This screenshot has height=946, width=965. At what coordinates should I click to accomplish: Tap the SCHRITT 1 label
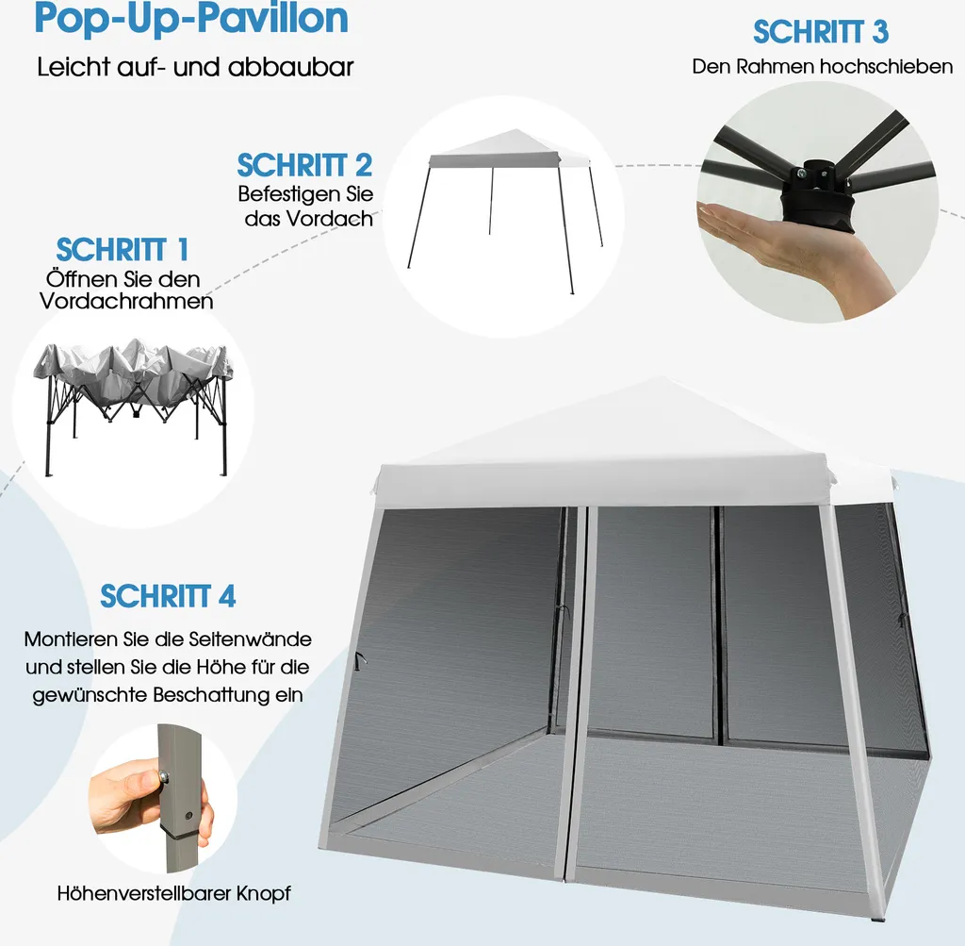(x=123, y=249)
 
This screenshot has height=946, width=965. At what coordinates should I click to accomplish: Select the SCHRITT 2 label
(x=304, y=165)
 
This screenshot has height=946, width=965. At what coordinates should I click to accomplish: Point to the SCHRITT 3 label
(x=821, y=32)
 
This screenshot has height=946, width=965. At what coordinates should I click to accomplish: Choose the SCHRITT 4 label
(x=168, y=596)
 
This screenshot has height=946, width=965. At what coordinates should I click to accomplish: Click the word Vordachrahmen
(x=126, y=301)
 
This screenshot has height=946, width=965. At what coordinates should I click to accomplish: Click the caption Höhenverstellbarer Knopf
(x=173, y=893)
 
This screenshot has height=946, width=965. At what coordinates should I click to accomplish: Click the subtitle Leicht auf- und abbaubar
(x=195, y=67)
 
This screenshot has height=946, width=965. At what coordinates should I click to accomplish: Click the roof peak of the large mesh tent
(x=661, y=378)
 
